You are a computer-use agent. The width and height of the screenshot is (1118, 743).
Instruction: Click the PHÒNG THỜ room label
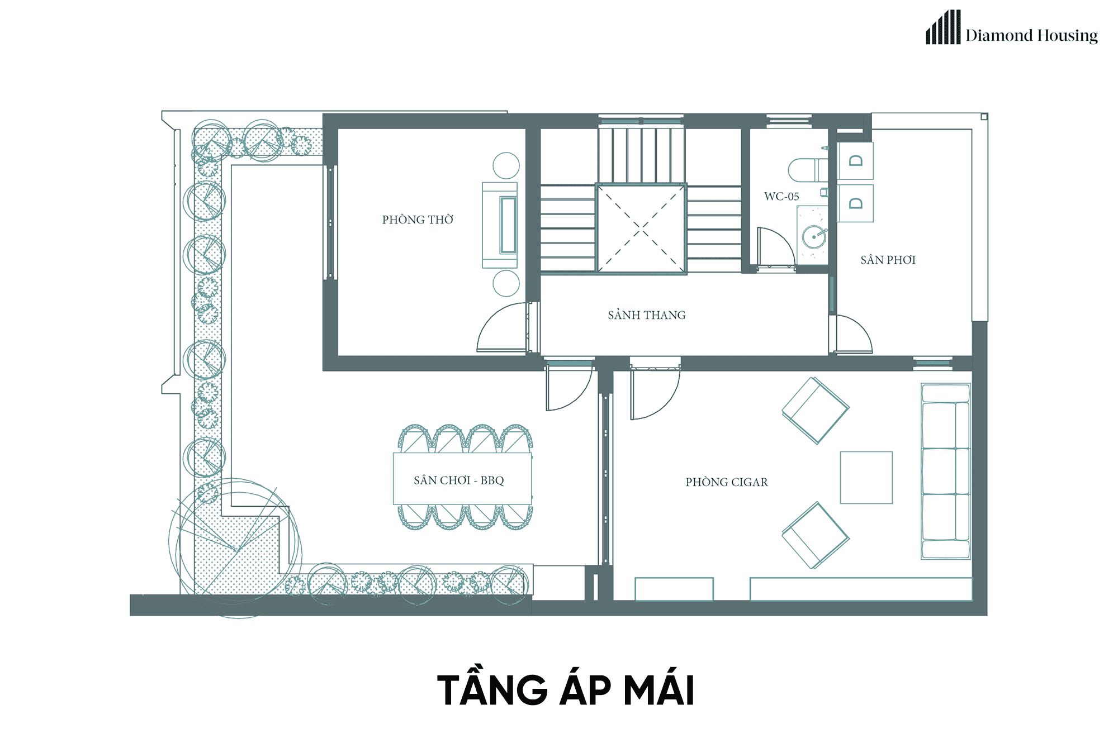(x=418, y=219)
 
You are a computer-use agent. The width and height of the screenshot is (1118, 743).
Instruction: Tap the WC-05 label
(x=781, y=196)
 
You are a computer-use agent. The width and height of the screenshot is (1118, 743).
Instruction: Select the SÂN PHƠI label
(x=888, y=259)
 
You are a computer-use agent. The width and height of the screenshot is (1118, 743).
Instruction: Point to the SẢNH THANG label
(x=647, y=315)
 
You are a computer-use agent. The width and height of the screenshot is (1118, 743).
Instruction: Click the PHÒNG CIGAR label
(x=727, y=482)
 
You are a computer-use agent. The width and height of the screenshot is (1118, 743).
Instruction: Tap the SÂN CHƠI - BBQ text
(x=459, y=480)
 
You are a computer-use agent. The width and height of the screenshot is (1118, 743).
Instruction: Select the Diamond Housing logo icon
(x=943, y=27)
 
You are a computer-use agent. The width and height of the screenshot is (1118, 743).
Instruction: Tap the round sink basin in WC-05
(x=814, y=237)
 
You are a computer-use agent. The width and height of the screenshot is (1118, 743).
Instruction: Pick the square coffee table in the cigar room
(x=866, y=477)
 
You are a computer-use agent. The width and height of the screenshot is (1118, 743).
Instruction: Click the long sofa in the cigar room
(x=946, y=471)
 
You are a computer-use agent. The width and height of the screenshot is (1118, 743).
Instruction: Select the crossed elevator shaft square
(x=641, y=228)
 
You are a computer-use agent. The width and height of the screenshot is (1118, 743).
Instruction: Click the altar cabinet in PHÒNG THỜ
(x=500, y=225)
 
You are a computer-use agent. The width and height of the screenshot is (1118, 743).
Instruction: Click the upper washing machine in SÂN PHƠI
(x=855, y=161)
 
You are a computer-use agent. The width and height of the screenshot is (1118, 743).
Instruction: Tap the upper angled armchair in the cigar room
(x=816, y=411)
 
